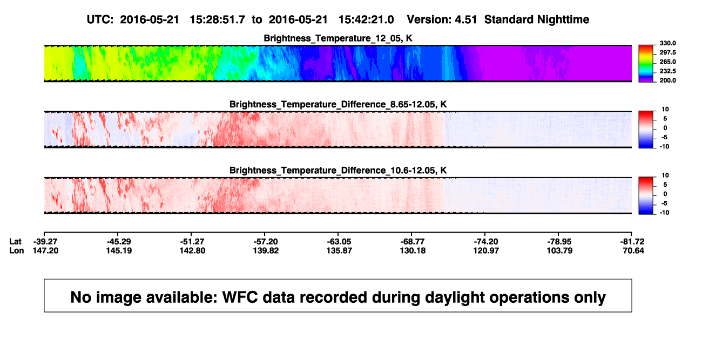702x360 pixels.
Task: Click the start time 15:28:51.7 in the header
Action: tap(217, 19)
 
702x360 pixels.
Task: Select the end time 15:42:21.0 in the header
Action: tap(366, 19)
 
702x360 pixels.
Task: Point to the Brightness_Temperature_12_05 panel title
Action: tap(337, 38)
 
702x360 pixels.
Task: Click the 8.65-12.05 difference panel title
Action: tap(338, 104)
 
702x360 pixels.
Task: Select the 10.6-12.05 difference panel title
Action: tap(338, 171)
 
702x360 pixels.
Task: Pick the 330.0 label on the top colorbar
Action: tap(667, 43)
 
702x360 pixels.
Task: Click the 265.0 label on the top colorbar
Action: tap(667, 62)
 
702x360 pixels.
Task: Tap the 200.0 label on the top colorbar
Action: tap(667, 80)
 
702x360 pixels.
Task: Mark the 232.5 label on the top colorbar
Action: tap(667, 71)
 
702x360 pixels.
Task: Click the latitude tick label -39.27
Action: tap(45, 242)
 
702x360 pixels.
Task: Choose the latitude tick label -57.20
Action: tap(265, 242)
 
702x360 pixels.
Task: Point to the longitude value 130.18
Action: tap(413, 250)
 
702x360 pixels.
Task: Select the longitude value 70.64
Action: tap(633, 250)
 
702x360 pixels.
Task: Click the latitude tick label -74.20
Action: tap(485, 242)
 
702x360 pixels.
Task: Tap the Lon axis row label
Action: tap(16, 250)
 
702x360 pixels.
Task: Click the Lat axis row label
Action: tap(15, 242)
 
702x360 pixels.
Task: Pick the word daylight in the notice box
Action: tap(455, 297)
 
